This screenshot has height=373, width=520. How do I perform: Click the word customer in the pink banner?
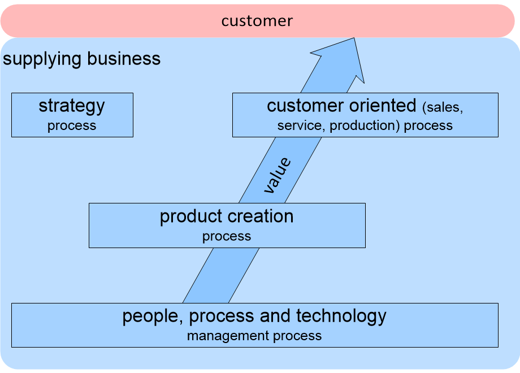click(257, 21)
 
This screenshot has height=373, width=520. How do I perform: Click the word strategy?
click(72, 106)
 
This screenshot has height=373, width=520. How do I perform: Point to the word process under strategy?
click(72, 125)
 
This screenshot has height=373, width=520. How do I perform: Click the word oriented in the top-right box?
click(382, 106)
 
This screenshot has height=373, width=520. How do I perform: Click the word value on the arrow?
click(278, 176)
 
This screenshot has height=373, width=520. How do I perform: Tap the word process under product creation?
click(227, 236)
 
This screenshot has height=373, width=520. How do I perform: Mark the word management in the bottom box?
click(228, 336)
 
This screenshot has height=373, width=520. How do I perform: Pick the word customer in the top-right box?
click(305, 106)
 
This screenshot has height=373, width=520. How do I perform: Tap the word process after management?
click(297, 336)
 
